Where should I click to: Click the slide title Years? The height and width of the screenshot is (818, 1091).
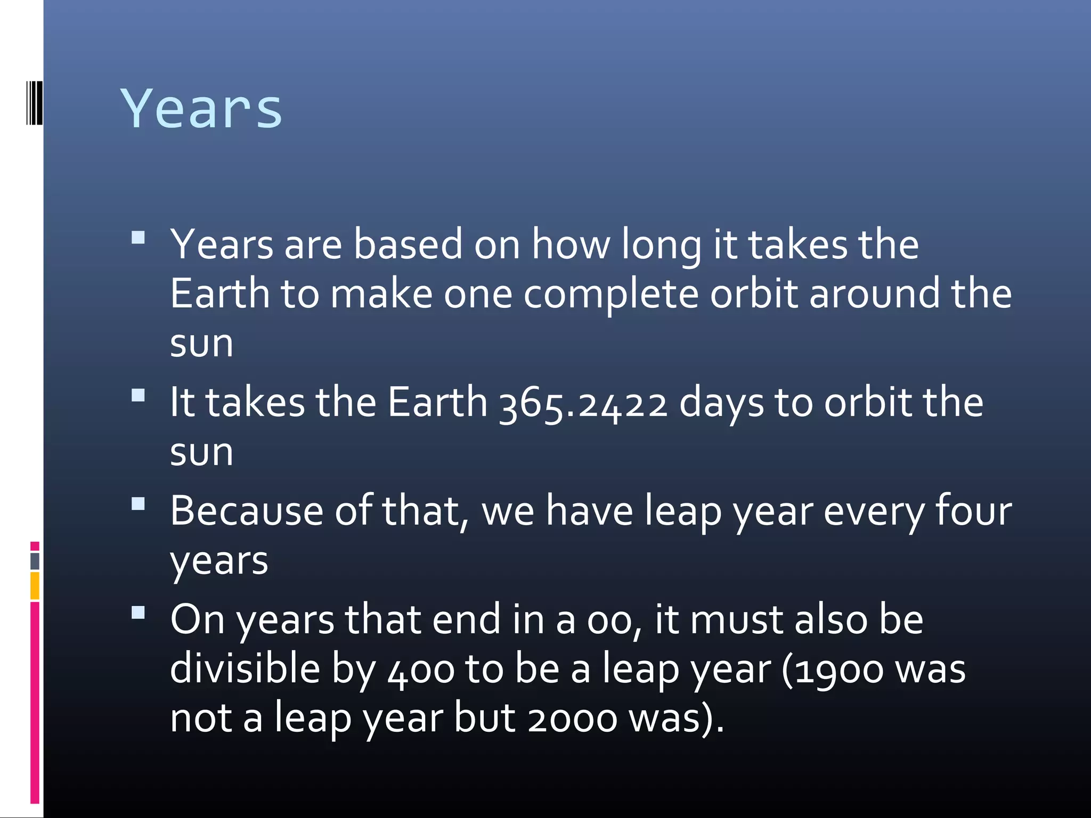tap(201, 109)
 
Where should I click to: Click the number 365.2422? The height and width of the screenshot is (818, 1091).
tap(583, 403)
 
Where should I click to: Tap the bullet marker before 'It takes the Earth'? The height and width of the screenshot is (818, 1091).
tap(138, 395)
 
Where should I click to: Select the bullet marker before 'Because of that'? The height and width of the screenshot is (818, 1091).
tap(138, 504)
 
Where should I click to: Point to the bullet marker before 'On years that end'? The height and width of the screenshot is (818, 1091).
tap(138, 612)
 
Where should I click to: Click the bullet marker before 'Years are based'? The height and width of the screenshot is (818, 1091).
tap(138, 238)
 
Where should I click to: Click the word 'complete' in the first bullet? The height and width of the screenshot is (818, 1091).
tap(610, 295)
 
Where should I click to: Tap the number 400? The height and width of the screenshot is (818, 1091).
tap(421, 670)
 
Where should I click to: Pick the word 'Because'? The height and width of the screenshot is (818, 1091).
tap(247, 511)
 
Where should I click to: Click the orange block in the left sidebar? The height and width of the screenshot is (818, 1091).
tap(35, 585)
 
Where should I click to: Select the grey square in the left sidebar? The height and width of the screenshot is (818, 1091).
tap(35, 561)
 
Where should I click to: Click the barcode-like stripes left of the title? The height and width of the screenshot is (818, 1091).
tap(34, 103)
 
